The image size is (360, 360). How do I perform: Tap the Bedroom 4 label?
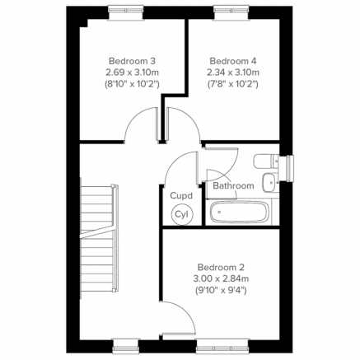pos(232,60)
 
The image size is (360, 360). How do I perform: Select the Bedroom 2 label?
pos(220,267)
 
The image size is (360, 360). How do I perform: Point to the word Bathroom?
pos(233,186)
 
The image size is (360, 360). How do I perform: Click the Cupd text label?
pos(181,196)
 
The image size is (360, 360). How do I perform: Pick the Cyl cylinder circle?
pos(181,213)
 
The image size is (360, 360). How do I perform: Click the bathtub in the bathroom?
pos(238,213)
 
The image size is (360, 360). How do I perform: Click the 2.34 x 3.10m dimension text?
pos(232,72)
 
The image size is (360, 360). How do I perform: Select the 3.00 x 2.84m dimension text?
pos(220,278)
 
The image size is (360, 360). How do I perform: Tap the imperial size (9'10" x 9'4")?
pos(220,290)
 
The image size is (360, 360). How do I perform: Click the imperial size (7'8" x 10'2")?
pos(232,83)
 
